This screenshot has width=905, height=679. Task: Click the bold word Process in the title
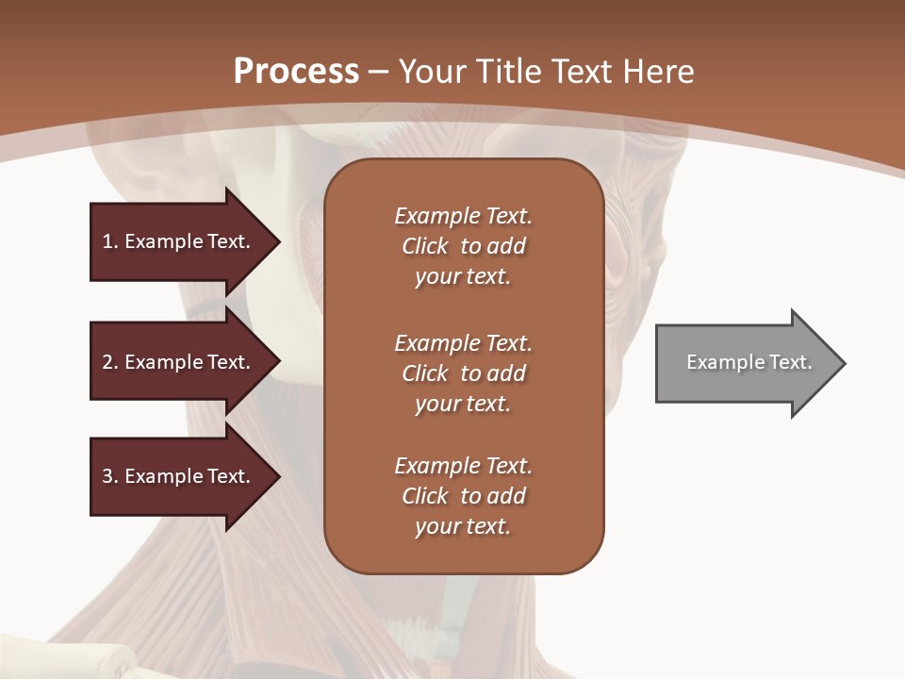tap(296, 72)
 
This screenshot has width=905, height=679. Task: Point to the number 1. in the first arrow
tap(109, 241)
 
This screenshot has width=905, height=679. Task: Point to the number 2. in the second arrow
tap(109, 362)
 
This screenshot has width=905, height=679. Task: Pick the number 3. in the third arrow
tap(109, 476)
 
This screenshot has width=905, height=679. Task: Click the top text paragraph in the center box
tap(463, 246)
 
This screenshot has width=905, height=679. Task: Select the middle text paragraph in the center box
tap(463, 373)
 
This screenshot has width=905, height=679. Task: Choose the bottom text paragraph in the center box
tap(463, 496)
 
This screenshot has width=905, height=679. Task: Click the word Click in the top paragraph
tap(425, 246)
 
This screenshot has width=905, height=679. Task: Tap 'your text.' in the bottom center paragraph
tap(463, 526)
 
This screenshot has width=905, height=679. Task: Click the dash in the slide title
tap(379, 72)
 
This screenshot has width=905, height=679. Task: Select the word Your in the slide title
tap(432, 72)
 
